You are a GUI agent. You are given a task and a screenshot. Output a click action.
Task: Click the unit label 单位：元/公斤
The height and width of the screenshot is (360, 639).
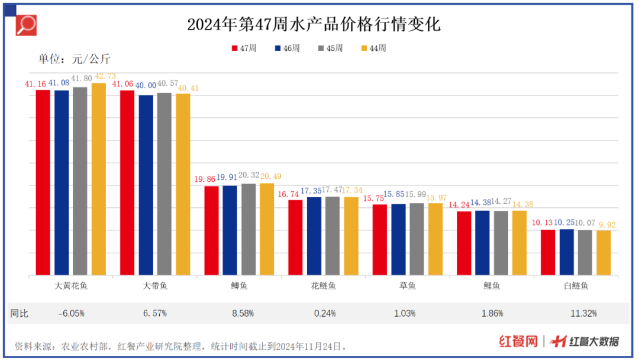pos(75,59)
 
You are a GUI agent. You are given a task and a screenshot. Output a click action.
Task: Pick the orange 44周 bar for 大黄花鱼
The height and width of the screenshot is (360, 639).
pos(98,179)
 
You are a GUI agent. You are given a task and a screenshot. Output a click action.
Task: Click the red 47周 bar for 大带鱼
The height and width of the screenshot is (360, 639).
pos(127,183)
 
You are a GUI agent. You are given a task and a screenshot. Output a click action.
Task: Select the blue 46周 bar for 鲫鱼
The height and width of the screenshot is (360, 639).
pos(230,230)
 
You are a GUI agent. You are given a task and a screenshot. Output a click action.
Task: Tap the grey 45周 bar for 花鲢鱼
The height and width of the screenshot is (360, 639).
pos(333,236)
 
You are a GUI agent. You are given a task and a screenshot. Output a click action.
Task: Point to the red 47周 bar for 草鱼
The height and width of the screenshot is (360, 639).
pos(379,240)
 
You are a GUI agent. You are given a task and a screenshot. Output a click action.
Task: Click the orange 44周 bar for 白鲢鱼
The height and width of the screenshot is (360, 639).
pos(603,253)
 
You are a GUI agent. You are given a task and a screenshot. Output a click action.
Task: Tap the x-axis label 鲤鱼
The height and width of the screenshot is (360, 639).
pos(492,285)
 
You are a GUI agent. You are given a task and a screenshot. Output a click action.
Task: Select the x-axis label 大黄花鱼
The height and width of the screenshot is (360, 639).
pos(71,285)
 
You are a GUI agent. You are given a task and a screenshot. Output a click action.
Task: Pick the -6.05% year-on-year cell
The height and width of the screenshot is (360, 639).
pos(72,313)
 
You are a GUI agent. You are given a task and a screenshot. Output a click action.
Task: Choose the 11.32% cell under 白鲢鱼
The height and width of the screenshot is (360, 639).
pos(576,313)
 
